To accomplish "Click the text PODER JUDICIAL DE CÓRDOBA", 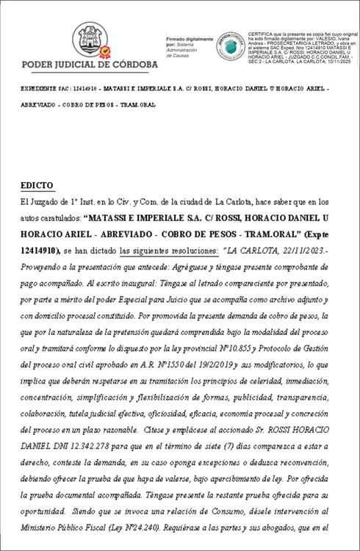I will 90,65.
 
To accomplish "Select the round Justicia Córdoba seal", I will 230,46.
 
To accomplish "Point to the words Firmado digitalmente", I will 190,38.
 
